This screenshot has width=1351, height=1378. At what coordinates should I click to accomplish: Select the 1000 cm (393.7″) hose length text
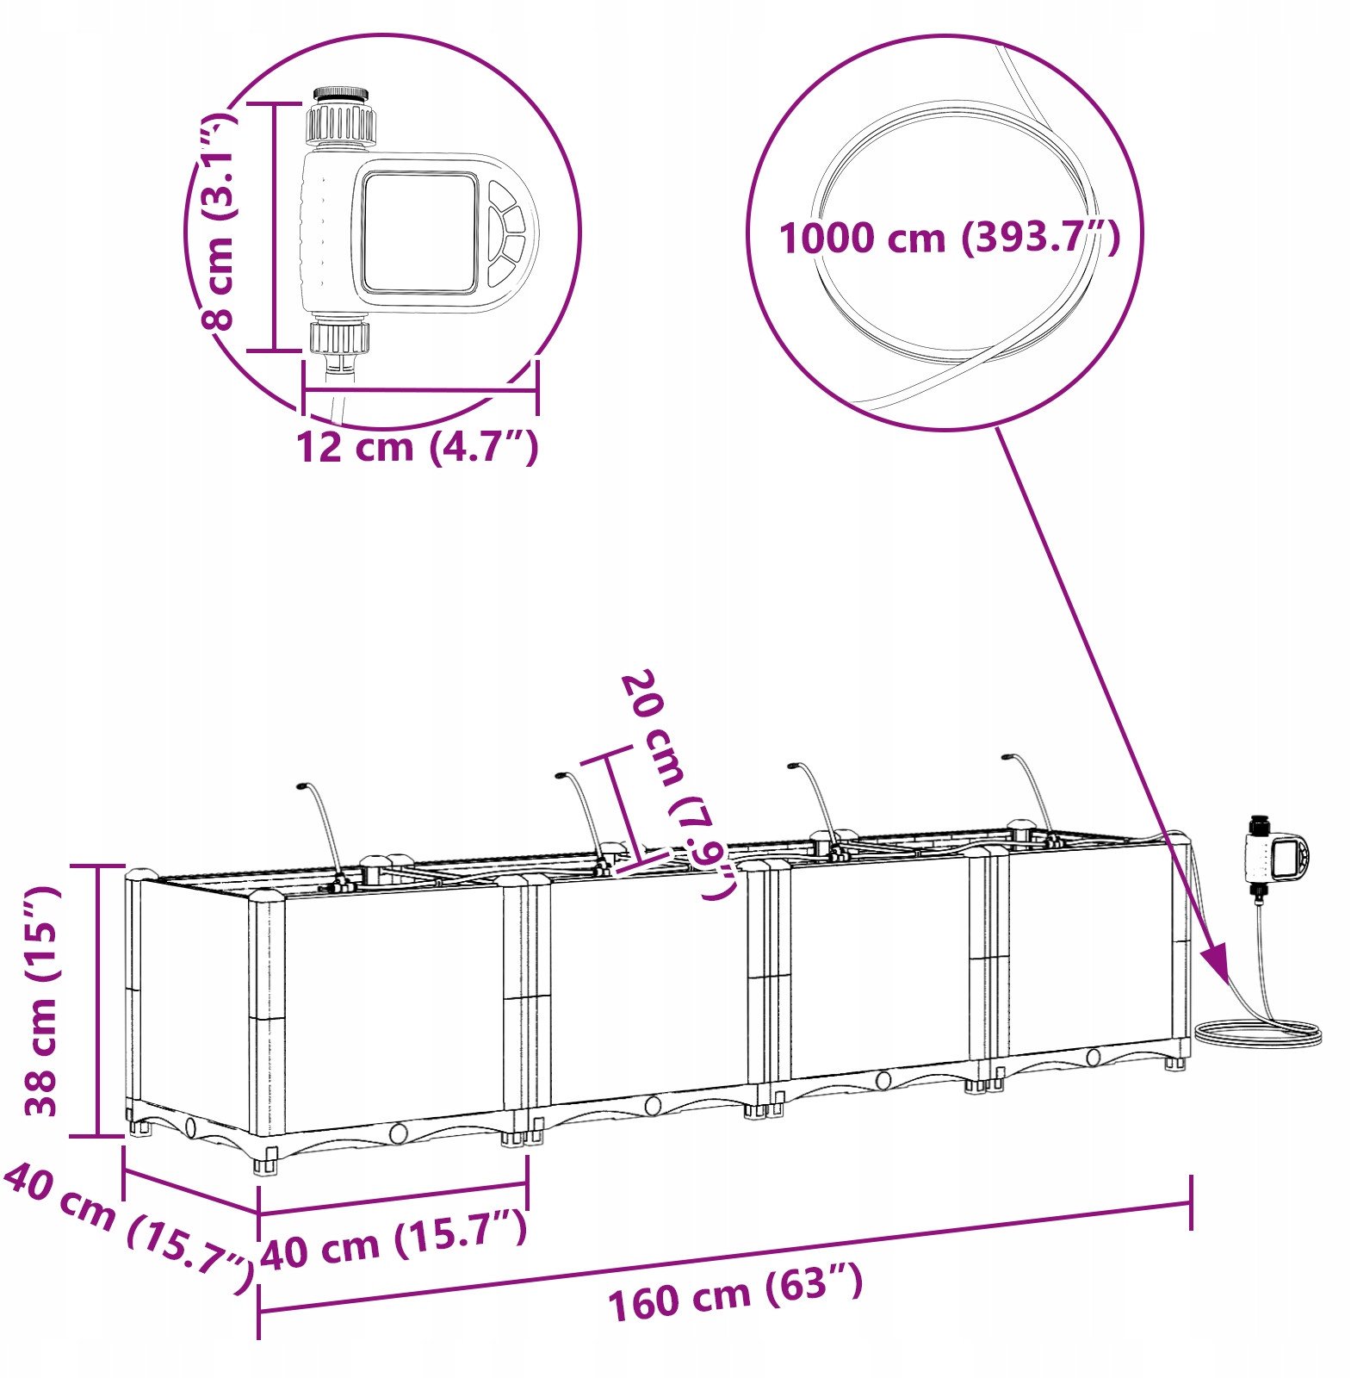(x=950, y=237)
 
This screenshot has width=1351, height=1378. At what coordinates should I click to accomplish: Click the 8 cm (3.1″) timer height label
(x=216, y=220)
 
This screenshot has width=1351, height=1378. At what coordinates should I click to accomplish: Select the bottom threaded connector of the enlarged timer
(x=340, y=336)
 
